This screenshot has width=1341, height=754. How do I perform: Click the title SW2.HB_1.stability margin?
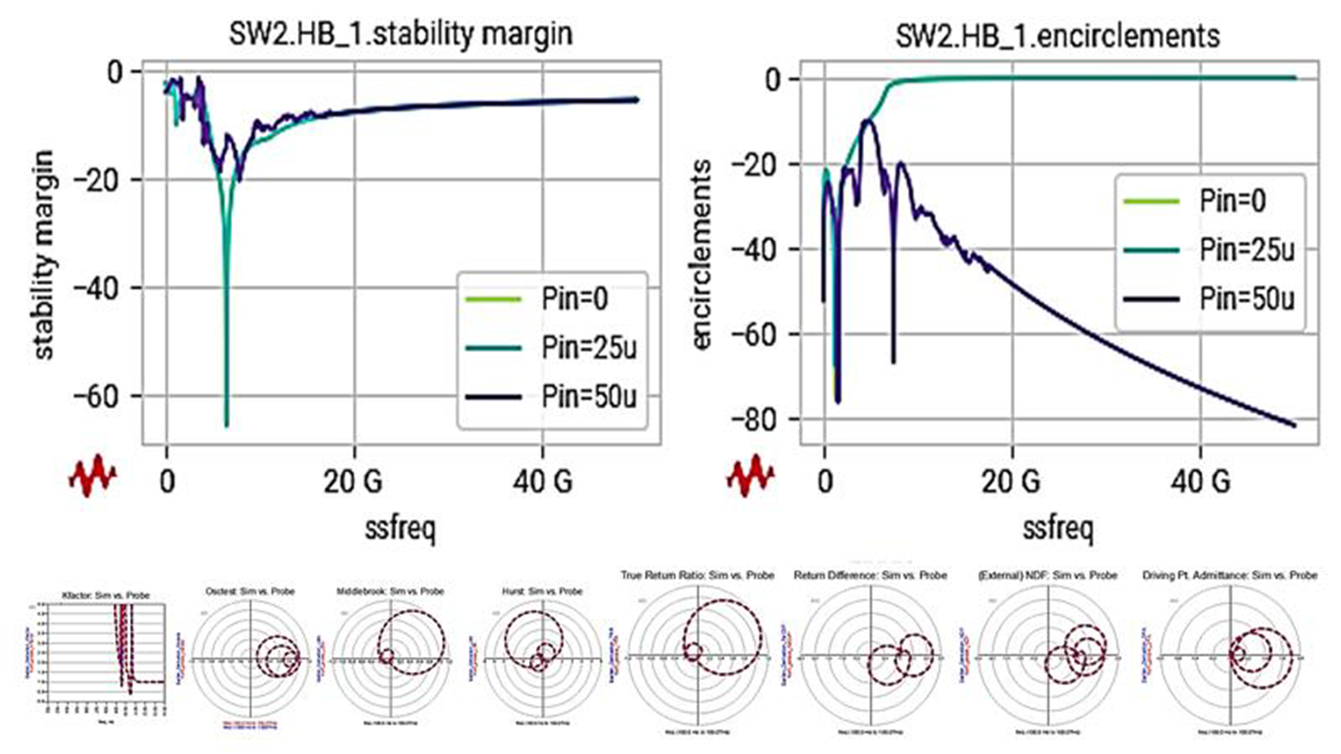[x=401, y=34]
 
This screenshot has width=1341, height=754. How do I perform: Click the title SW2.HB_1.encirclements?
[x=1058, y=36]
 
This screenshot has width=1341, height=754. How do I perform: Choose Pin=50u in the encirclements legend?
[x=1246, y=298]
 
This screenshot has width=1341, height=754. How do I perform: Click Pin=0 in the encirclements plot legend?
[x=1232, y=201]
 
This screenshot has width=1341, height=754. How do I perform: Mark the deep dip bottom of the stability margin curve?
[x=226, y=424]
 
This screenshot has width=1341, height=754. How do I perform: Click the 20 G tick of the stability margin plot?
[x=353, y=482]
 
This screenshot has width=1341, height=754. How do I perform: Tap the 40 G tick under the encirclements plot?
[x=1201, y=482]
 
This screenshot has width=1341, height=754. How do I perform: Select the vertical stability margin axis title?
[x=44, y=256]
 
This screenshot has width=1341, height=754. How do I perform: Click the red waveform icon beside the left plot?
[x=92, y=474]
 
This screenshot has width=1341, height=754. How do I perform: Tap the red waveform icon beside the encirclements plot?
[x=750, y=474]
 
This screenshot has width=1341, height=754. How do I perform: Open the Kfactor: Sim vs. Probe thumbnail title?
[x=106, y=595]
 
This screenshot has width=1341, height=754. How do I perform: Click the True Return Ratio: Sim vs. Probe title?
[x=697, y=576]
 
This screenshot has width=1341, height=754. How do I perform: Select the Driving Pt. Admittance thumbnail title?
[x=1230, y=576]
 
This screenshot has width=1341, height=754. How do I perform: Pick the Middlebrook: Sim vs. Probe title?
[x=390, y=591]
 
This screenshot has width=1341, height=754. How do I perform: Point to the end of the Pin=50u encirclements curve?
[x=1294, y=426]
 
